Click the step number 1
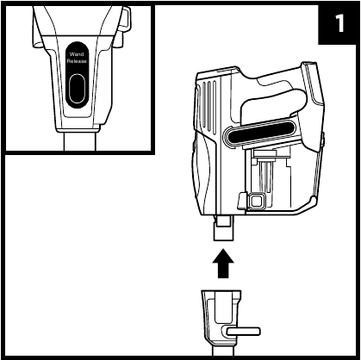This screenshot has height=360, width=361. pos(339,23)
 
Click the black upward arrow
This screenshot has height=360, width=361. pos(223,264)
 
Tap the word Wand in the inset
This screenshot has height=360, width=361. pos(77,54)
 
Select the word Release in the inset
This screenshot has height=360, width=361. pos(77,61)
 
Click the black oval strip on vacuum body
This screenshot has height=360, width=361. pos(261,133)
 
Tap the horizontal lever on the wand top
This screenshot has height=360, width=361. pos(244,332)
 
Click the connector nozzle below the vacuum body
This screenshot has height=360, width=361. pos(223,228)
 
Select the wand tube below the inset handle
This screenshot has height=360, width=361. pos(79,141)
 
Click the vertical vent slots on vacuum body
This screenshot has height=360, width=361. pos(209,109)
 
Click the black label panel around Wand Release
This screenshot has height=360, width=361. pos(77,76)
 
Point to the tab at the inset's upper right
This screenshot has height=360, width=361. pos(125,18)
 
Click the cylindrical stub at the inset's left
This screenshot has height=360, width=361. pos(38,38)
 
